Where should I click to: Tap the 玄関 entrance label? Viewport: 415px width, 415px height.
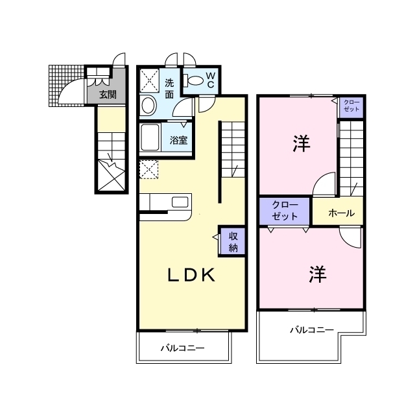(x=108, y=95)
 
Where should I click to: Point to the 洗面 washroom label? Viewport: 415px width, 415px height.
(x=169, y=88)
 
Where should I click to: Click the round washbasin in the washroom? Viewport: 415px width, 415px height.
(x=148, y=106)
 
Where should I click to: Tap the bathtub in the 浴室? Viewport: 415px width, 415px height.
(x=152, y=137)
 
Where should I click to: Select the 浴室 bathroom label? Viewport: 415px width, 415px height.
(x=178, y=139)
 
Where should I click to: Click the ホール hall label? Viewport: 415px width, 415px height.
(x=337, y=212)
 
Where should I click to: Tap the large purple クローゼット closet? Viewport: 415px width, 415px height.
(x=285, y=211)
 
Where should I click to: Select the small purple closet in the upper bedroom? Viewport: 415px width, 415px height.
(x=350, y=106)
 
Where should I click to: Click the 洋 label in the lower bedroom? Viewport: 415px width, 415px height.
(x=317, y=274)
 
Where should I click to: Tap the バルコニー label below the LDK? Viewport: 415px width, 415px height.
(x=183, y=348)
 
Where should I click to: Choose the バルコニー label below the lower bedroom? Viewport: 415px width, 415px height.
(x=311, y=330)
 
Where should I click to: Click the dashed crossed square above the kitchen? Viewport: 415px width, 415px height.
(x=148, y=169)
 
